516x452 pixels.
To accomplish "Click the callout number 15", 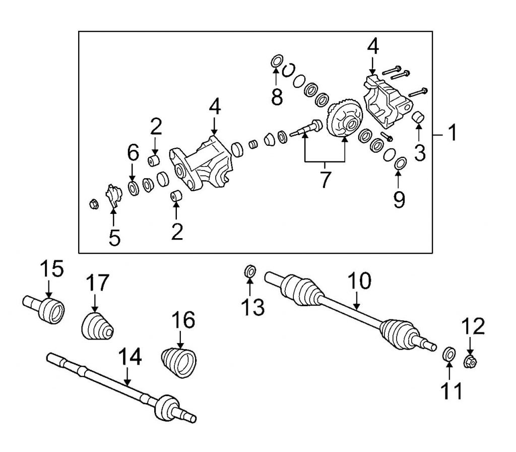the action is click(52, 269).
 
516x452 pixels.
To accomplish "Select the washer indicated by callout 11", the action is click(449, 354).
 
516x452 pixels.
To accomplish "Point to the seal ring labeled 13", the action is click(250, 271).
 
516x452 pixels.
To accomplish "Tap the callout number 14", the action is click(130, 357).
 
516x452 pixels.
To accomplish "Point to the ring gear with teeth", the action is click(345, 120).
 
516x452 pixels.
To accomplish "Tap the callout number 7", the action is click(325, 180).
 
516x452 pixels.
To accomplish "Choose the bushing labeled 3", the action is click(418, 117).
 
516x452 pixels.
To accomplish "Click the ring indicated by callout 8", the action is click(277, 61).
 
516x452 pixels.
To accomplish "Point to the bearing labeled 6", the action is click(133, 188).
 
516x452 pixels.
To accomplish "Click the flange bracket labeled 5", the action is click(113, 196).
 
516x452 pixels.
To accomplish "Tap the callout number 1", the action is click(453, 133).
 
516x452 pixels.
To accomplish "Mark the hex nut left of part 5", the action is click(94, 204).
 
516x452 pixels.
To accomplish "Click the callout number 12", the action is click(473, 326).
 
